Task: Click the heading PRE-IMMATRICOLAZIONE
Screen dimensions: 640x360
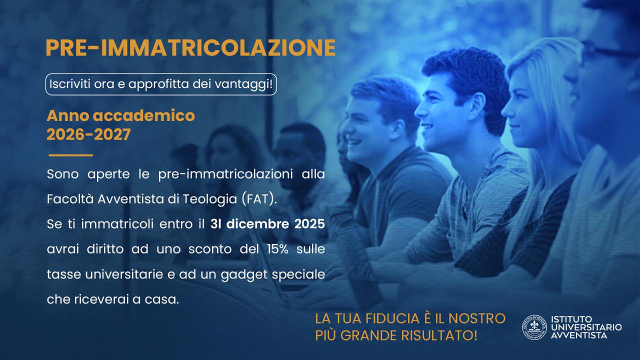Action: [x=190, y=48]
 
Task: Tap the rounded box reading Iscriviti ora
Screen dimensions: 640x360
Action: [x=161, y=84]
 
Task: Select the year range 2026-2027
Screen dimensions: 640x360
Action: [x=88, y=134]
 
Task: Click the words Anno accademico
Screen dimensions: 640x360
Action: [x=121, y=115]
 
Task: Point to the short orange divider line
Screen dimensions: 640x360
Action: [x=71, y=155]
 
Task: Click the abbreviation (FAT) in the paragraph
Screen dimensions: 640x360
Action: [x=259, y=199]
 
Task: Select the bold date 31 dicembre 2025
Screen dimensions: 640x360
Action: [x=267, y=224]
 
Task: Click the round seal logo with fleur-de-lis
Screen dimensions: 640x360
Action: [x=534, y=327]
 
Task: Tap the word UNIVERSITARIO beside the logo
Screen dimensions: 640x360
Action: [x=586, y=327]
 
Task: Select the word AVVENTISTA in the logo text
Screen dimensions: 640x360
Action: [x=579, y=335]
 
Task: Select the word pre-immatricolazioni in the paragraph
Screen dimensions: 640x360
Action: [x=225, y=174]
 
